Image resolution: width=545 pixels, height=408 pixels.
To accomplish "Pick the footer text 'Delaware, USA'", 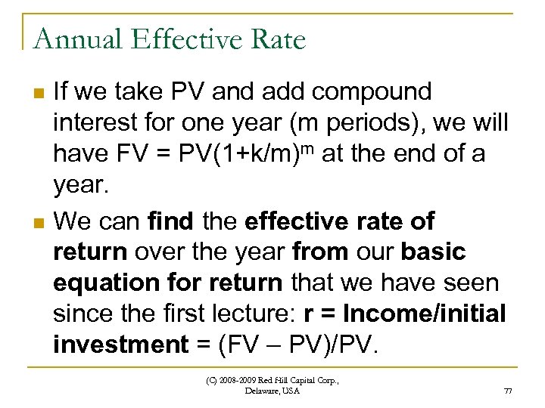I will click(272, 391).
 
